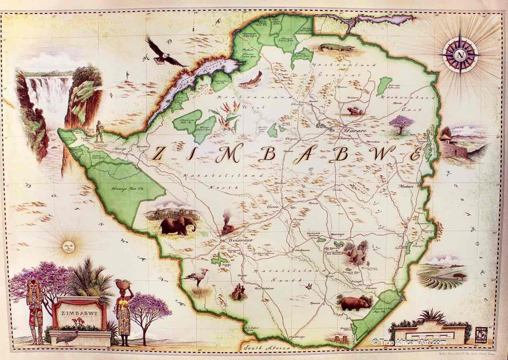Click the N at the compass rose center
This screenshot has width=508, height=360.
(x=460, y=55)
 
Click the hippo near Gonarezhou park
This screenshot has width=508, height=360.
(x=354, y=303)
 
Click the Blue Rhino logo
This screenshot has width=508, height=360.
(x=481, y=334)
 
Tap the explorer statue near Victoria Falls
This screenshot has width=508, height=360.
(x=100, y=131)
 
